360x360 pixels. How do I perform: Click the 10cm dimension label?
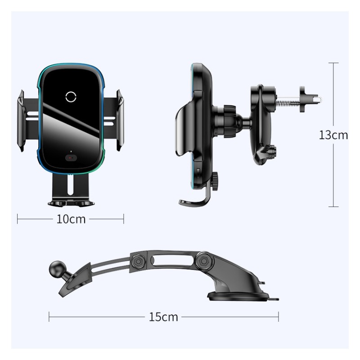(71, 219)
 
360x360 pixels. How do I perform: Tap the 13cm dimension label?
(333, 135)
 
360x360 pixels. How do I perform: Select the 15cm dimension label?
(163, 317)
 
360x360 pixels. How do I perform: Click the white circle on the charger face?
(71, 96)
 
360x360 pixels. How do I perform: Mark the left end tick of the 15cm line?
(49, 317)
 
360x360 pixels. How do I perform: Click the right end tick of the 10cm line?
(123, 219)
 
